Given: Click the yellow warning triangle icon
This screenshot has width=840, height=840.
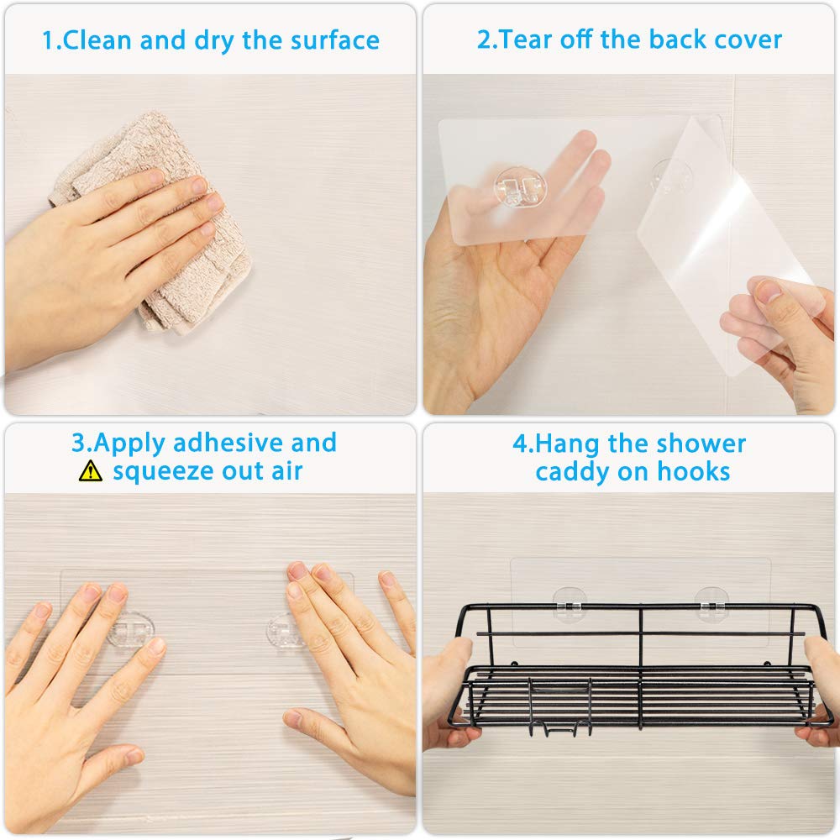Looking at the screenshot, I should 90,471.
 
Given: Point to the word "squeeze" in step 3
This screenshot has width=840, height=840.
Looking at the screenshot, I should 163,471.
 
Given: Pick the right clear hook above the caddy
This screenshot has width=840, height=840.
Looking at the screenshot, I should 711,601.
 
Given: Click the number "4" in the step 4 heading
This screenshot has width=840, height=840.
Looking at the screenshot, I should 520,444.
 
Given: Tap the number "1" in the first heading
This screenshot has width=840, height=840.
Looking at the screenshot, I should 48,40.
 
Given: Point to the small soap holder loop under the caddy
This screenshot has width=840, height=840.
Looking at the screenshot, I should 559,710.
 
